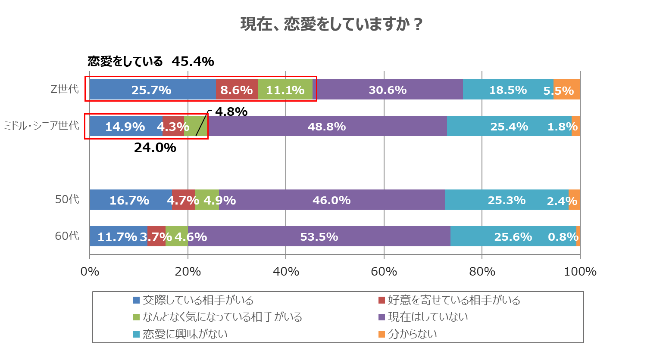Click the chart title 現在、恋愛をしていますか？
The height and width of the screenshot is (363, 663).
click(331, 24)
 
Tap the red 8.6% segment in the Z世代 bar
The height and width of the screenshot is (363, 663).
click(237, 90)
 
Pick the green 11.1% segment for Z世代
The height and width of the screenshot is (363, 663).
click(285, 90)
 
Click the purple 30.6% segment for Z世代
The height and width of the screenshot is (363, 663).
click(388, 90)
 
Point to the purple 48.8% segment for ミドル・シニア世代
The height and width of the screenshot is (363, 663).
click(327, 126)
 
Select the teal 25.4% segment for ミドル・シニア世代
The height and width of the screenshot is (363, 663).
click(509, 126)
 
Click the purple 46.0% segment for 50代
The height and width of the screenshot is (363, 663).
click(331, 200)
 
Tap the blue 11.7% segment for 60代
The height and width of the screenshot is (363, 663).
click(118, 236)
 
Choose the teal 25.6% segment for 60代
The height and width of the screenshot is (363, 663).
click(513, 236)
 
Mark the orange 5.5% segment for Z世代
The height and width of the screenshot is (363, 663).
click(566, 90)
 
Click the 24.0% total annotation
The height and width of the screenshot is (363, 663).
click(155, 148)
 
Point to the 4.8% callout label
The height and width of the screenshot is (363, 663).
click(231, 112)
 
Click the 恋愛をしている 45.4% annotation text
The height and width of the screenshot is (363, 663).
click(151, 62)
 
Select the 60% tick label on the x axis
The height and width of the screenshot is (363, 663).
click(384, 272)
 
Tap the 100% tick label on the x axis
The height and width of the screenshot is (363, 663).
click(580, 272)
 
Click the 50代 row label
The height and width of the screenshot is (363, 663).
click(67, 199)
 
